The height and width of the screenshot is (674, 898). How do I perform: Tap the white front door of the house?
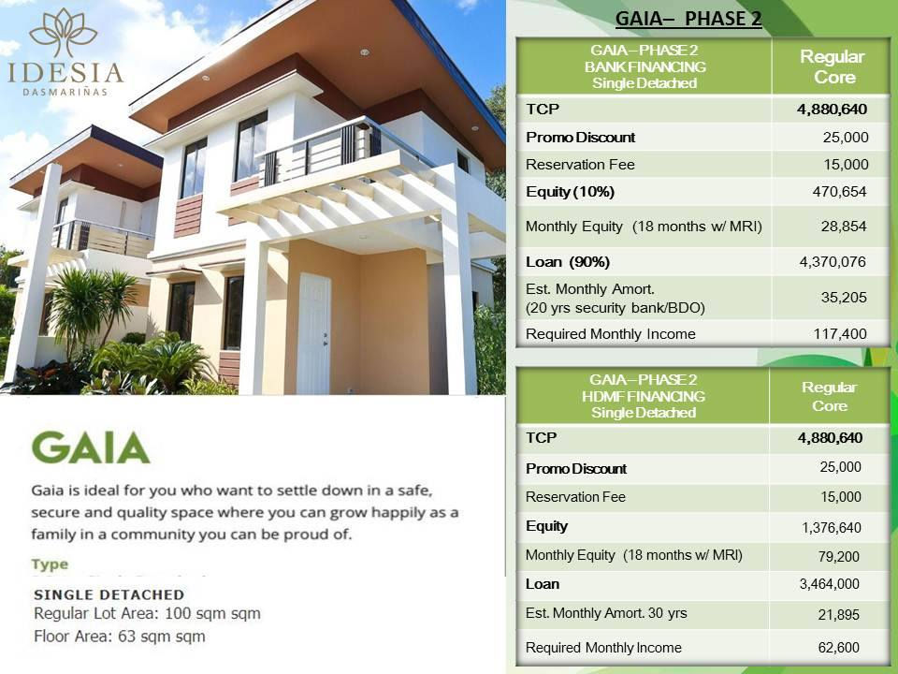tap(313, 333)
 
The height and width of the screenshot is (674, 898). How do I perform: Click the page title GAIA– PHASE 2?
tap(688, 20)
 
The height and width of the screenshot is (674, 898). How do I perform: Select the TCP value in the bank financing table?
tap(832, 110)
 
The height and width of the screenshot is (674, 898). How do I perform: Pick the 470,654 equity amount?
tap(839, 192)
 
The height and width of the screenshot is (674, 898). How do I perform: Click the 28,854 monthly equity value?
tap(845, 227)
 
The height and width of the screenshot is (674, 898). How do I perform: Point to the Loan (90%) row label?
tap(568, 261)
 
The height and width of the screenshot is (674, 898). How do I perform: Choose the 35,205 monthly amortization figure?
tap(845, 298)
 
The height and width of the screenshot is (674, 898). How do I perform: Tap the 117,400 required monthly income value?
tap(839, 333)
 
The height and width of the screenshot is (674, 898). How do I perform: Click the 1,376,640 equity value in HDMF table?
tap(831, 528)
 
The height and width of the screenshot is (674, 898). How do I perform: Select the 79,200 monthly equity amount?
tap(839, 556)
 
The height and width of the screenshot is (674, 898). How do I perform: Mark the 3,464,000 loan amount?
tap(829, 584)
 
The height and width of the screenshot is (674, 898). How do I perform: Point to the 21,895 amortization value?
tap(839, 615)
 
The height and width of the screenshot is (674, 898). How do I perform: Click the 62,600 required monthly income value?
tap(839, 647)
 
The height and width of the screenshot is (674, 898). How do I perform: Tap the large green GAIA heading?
tap(90, 448)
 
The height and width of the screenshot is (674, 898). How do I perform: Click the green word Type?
tap(50, 564)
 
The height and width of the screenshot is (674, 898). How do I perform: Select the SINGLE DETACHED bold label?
tap(109, 594)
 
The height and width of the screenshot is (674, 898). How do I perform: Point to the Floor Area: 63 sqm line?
tap(119, 637)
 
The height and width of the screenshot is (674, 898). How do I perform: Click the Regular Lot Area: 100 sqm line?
tap(147, 614)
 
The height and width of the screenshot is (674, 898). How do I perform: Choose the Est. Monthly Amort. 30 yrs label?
tap(606, 613)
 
